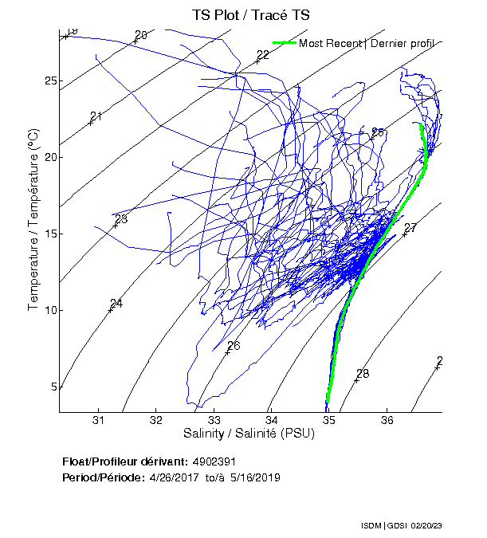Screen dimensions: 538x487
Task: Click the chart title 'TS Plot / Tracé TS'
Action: pyautogui.click(x=250, y=15)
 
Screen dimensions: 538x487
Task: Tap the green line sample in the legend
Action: pyautogui.click(x=284, y=43)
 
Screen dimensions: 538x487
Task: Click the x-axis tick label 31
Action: pyautogui.click(x=98, y=421)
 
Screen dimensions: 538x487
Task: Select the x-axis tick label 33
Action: pyautogui.click(x=214, y=421)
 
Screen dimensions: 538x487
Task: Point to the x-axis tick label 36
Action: pyautogui.click(x=387, y=421)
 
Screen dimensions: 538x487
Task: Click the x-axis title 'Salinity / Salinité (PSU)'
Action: pyautogui.click(x=249, y=434)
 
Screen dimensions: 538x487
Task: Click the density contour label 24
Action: pyautogui.click(x=116, y=304)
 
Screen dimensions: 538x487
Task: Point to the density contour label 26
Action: pyautogui.click(x=234, y=346)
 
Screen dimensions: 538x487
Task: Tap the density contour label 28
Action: pyautogui.click(x=363, y=374)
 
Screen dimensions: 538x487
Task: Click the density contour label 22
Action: pyautogui.click(x=263, y=55)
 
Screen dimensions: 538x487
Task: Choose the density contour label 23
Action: pyautogui.click(x=121, y=219)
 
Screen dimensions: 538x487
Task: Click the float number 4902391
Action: pyautogui.click(x=214, y=461)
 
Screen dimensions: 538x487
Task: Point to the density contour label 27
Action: pyautogui.click(x=410, y=229)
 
